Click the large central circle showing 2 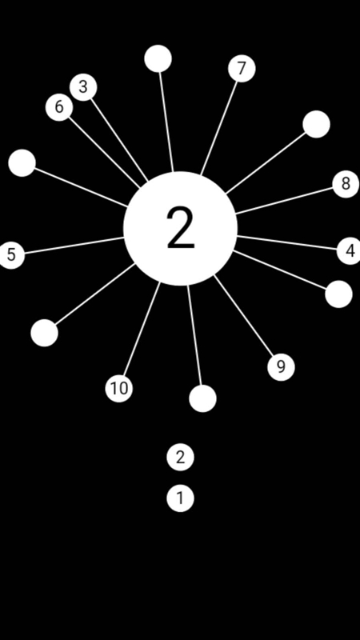tap(181, 228)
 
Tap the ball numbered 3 tap(83, 87)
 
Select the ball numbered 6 tap(59, 107)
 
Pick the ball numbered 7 tap(242, 69)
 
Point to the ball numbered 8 tap(346, 184)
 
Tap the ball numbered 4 tap(350, 251)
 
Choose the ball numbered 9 tap(282, 367)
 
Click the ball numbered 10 tap(119, 388)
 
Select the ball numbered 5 tap(11, 255)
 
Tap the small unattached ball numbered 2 tap(181, 457)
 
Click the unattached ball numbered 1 tap(181, 498)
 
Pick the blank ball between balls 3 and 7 tap(158, 58)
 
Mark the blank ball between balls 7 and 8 tap(316, 124)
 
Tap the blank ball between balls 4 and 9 tap(338, 294)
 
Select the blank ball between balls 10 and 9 tap(203, 398)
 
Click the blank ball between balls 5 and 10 tap(45, 333)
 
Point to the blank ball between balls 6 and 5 tap(22, 163)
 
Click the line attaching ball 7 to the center tap(218, 128)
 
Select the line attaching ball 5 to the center tap(74, 246)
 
